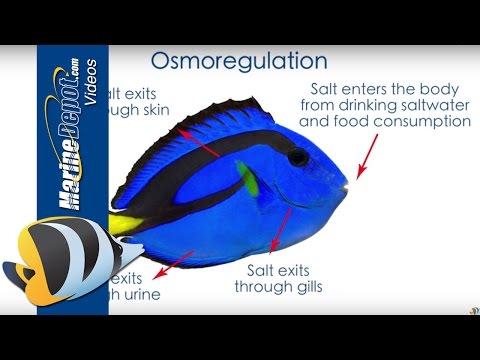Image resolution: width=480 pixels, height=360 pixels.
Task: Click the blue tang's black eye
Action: [298, 157]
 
